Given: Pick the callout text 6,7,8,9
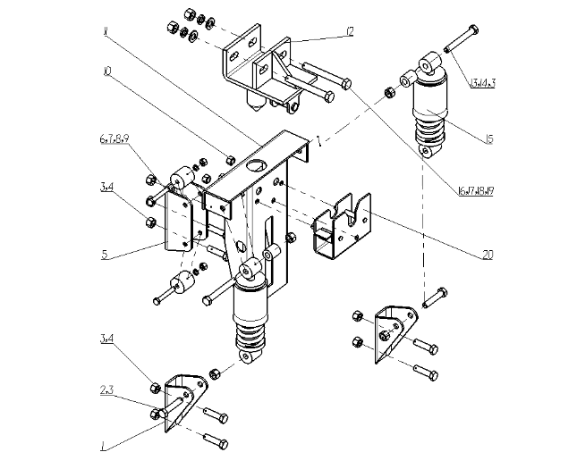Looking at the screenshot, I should click(x=113, y=141).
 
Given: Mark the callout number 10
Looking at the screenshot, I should click(x=106, y=71).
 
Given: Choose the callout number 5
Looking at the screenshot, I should click(x=105, y=254).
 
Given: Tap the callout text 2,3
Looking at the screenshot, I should click(x=106, y=390).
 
